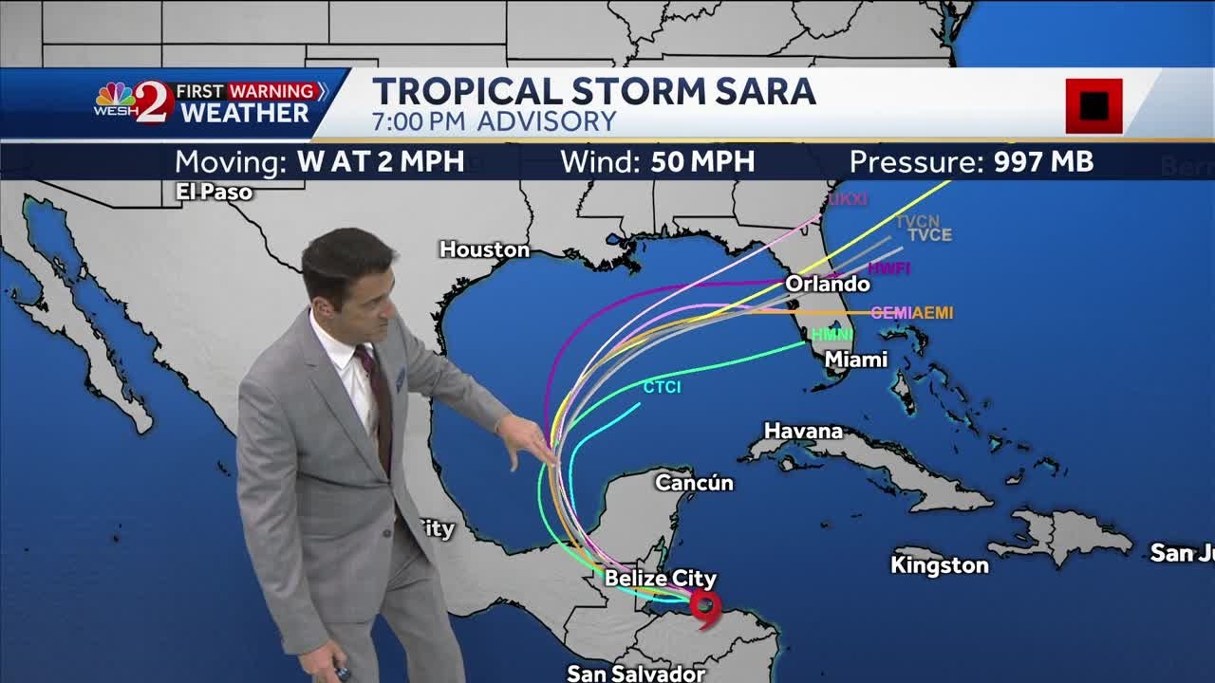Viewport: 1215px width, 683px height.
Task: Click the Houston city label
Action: click(484, 249)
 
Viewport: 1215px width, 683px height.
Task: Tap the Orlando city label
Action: click(827, 284)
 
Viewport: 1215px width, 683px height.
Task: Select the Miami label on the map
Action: click(856, 360)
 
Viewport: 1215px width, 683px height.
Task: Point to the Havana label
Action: click(803, 431)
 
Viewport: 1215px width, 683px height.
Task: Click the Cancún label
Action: click(694, 483)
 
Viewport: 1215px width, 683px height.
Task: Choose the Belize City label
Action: click(661, 578)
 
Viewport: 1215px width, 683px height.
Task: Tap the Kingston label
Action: click(939, 565)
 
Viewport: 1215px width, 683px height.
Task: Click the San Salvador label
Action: click(636, 674)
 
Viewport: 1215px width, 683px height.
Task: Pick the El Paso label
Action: click(214, 192)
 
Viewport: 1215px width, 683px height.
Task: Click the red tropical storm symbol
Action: click(705, 608)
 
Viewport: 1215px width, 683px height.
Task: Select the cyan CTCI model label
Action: click(662, 387)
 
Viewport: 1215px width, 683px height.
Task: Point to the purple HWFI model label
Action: click(888, 268)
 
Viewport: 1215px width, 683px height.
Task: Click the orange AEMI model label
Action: click(933, 313)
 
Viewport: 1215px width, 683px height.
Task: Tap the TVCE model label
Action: click(929, 235)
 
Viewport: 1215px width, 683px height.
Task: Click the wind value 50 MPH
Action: click(702, 161)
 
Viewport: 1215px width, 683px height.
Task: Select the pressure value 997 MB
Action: click(1043, 161)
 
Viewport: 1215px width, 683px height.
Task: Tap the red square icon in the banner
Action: click(1093, 105)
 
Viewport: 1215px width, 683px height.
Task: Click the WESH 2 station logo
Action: click(134, 102)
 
